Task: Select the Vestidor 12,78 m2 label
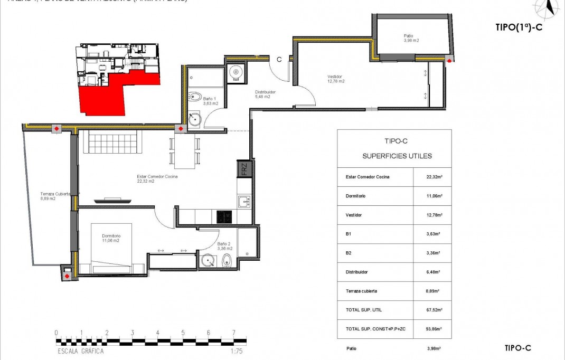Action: (336, 79)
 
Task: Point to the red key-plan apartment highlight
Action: (116, 95)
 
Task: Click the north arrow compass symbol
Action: (550, 7)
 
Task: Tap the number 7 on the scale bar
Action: (233, 333)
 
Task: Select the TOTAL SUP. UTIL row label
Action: (364, 310)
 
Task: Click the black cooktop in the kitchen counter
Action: (224, 216)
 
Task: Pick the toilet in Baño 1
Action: (194, 97)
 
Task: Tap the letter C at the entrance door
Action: (278, 59)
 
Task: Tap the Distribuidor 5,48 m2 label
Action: (265, 94)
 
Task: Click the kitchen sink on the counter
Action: (243, 201)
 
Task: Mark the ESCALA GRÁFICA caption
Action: (80, 351)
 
